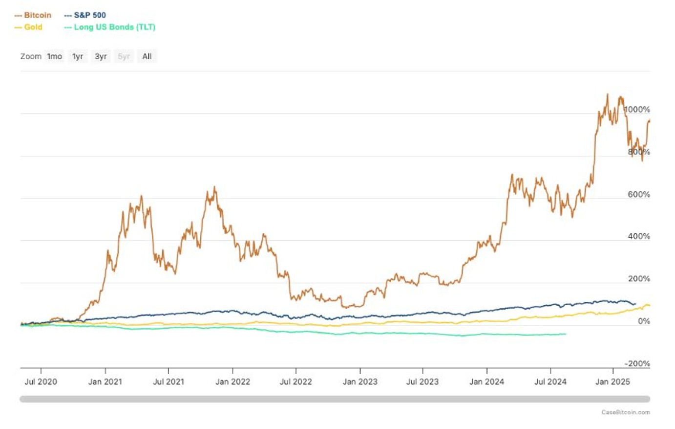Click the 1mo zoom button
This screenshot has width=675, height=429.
click(54, 56)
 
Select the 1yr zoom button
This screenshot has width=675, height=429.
click(78, 56)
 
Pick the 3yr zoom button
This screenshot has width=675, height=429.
click(101, 56)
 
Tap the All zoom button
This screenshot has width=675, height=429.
click(147, 56)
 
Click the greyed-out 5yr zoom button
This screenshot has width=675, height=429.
click(124, 56)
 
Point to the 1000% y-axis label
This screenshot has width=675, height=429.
click(637, 110)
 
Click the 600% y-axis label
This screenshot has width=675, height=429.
click(638, 195)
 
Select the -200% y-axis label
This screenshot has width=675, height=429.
click(637, 363)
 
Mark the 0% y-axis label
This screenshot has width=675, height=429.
click(644, 321)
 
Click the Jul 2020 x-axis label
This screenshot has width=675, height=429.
click(41, 382)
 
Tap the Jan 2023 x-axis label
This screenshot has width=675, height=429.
click(360, 382)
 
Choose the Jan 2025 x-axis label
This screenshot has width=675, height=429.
click(612, 382)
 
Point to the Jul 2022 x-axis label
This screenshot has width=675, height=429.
click(295, 382)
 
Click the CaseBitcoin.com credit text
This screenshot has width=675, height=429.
click(625, 412)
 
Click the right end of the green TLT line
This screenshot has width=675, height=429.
click(566, 334)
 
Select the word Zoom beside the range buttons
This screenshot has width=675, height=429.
click(30, 56)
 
